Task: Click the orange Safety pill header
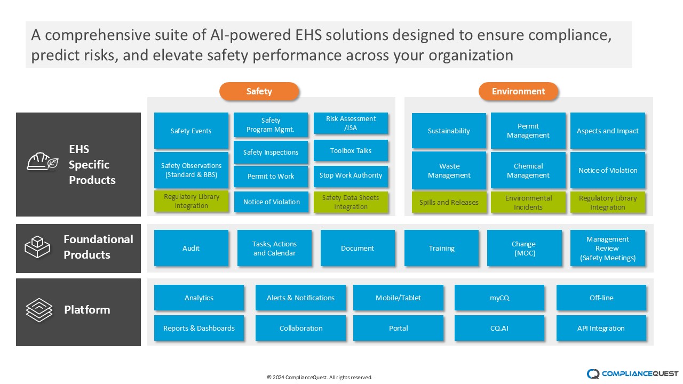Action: coord(259,91)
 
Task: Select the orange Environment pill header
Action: coord(518,91)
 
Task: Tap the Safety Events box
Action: coord(191,131)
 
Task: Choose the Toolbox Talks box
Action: coord(351,150)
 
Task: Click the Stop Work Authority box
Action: coord(351,175)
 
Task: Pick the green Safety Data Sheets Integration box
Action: coord(351,202)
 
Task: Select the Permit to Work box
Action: coord(271,177)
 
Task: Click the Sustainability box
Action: coord(449,131)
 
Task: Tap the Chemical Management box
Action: coord(528,171)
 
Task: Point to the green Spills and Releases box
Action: coord(449,202)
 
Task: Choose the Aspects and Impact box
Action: coord(607,131)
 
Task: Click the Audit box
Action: coord(191,248)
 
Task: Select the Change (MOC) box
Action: coord(523,248)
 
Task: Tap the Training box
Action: coord(441,248)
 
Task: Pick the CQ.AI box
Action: coord(499,328)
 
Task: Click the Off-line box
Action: coord(601,298)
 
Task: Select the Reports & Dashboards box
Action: coord(198,328)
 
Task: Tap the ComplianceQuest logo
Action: coord(632,373)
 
